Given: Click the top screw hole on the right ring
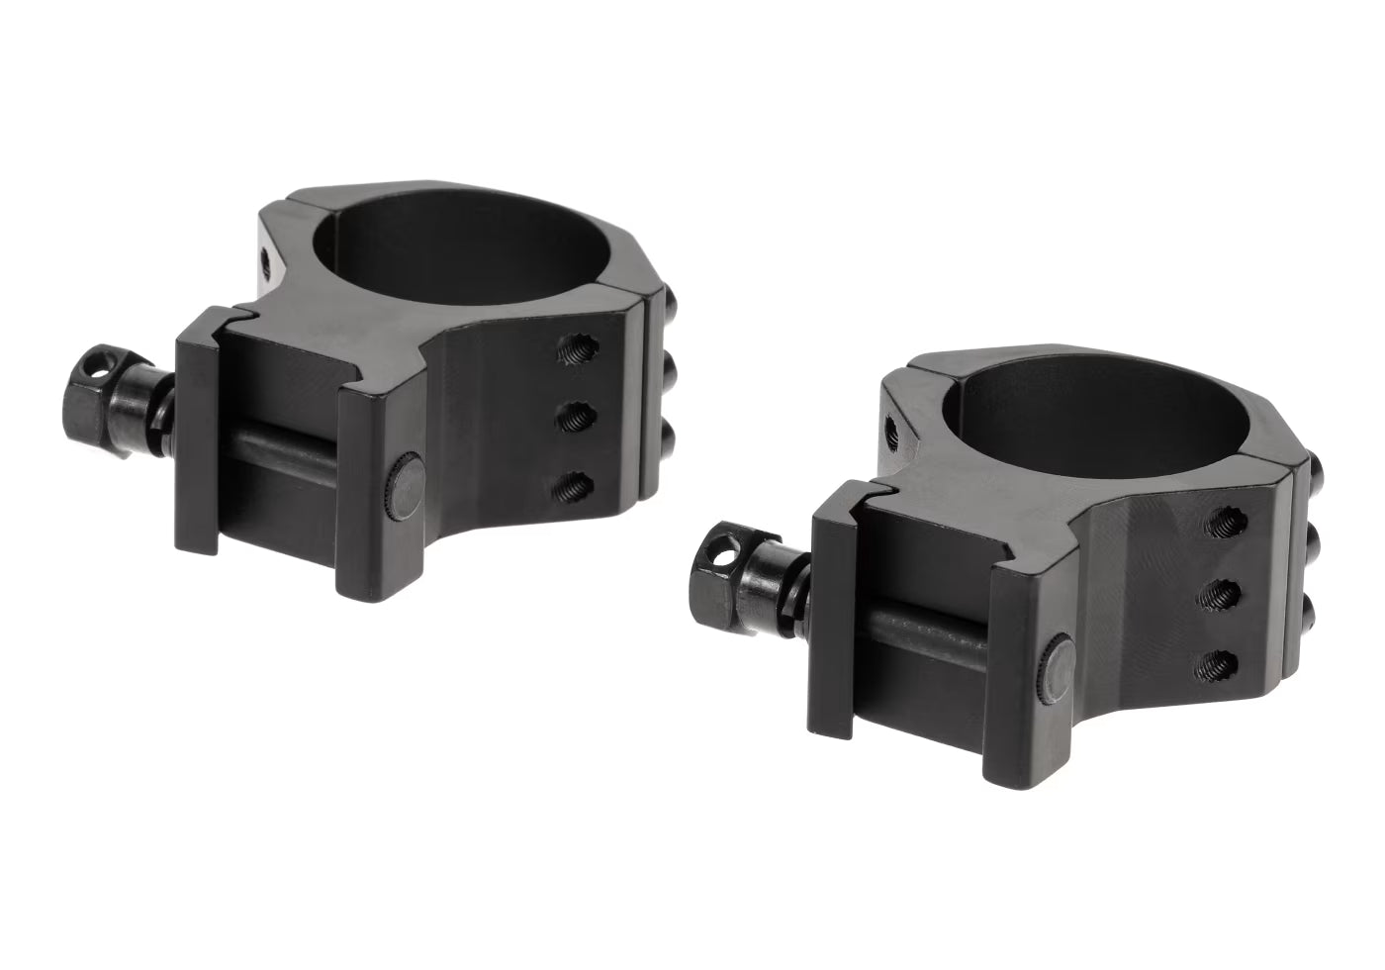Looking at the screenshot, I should click(1224, 526).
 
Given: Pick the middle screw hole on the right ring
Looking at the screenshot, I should click(1224, 594).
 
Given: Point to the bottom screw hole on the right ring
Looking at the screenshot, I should click(1224, 660).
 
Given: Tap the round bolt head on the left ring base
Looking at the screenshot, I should click(404, 485).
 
